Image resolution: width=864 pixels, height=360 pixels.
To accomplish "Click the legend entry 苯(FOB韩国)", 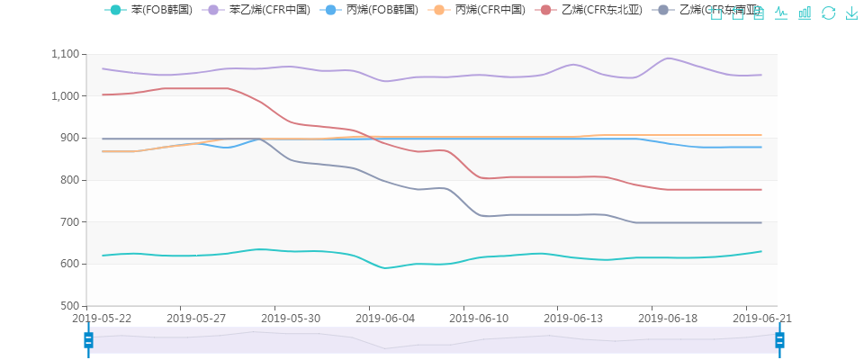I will pyautogui.click(x=148, y=10).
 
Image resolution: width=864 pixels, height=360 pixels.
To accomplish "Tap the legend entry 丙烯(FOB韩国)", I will pyautogui.click(x=370, y=10).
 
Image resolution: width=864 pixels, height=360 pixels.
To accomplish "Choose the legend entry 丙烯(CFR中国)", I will pyautogui.click(x=482, y=10).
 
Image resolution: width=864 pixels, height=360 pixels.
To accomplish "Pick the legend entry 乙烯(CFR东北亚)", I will pyautogui.click(x=593, y=10).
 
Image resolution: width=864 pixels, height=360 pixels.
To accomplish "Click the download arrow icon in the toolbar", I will pyautogui.click(x=851, y=13).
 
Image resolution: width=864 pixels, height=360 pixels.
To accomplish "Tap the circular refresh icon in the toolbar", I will pyautogui.click(x=829, y=13).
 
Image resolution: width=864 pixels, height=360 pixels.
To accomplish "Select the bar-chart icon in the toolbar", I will pyautogui.click(x=805, y=13).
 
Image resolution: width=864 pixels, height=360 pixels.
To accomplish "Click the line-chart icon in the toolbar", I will pyautogui.click(x=781, y=13).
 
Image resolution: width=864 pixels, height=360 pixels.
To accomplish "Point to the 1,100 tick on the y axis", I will pyautogui.click(x=65, y=54).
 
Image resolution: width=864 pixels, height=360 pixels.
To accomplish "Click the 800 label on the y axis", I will pyautogui.click(x=69, y=180).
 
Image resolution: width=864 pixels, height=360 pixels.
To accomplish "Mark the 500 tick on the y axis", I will pyautogui.click(x=69, y=306).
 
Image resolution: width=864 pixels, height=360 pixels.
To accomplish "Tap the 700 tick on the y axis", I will pyautogui.click(x=69, y=222).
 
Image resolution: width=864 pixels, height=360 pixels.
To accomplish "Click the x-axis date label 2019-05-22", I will pyautogui.click(x=103, y=318).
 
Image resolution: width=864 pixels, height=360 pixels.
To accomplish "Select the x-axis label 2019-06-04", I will pyautogui.click(x=385, y=318).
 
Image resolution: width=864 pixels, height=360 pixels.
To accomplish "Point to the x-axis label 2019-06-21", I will pyautogui.click(x=761, y=318).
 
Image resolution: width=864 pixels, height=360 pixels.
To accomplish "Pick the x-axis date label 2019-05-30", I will pyautogui.click(x=291, y=318).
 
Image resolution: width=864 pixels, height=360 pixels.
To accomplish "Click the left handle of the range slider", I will pyautogui.click(x=88, y=339).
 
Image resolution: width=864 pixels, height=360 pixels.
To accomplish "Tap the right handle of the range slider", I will pyautogui.click(x=779, y=339).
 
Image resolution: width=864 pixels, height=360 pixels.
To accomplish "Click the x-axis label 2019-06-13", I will pyautogui.click(x=573, y=318).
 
